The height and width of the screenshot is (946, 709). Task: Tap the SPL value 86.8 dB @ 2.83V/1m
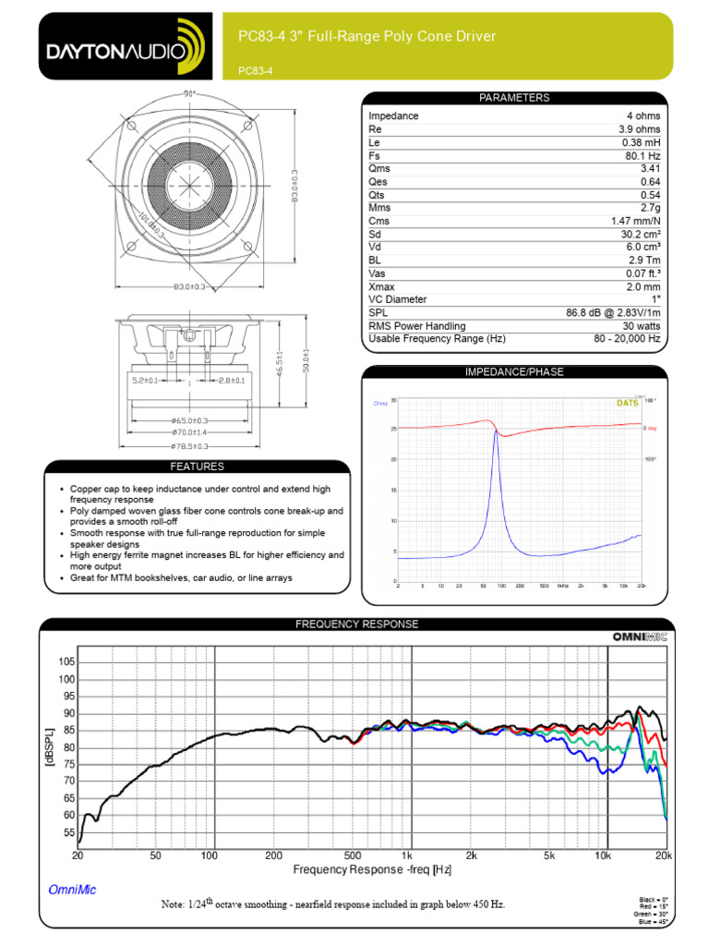pos(614,313)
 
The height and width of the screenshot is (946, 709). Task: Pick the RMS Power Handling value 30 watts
pos(640,326)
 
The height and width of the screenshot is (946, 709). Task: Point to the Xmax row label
pos(381,286)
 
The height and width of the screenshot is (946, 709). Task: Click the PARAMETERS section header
pos(513,98)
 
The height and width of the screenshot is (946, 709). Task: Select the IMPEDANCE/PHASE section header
pos(513,372)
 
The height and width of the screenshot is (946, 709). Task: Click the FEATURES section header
pos(196,467)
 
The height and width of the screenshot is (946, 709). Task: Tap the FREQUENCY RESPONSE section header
pos(356,625)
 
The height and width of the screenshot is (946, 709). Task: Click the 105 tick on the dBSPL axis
pos(66,662)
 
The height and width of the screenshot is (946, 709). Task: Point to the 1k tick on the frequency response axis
pos(407,856)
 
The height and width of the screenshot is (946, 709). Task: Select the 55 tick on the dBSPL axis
pos(66,832)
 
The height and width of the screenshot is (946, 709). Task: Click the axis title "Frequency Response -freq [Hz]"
pos(372,870)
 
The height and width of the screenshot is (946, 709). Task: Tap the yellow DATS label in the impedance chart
pos(627,403)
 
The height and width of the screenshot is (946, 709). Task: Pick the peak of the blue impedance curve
pos(496,431)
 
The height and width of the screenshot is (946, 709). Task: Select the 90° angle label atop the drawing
pos(190,94)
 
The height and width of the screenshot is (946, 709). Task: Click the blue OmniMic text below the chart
pos(71,891)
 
